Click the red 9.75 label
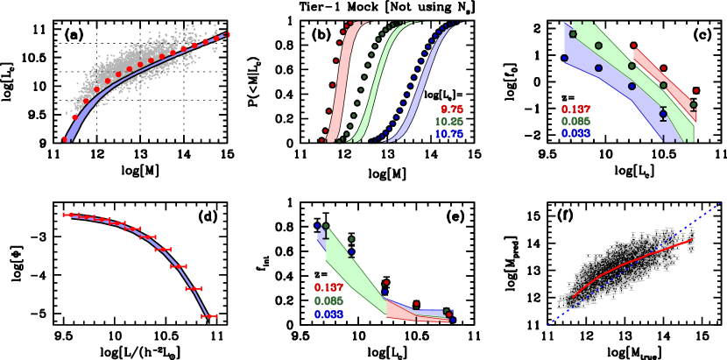(x=452, y=109)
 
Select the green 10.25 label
(x=449, y=122)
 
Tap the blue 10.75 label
(x=449, y=134)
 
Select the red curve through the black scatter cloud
(x=631, y=262)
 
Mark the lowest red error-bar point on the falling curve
(x=209, y=315)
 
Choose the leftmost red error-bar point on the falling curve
(x=67, y=214)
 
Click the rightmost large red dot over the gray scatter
(x=228, y=34)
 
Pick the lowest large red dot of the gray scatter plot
(x=65, y=139)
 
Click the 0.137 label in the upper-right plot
(x=575, y=109)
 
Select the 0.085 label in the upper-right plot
(x=575, y=121)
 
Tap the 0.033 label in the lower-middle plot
(x=328, y=314)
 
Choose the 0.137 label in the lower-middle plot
(x=328, y=287)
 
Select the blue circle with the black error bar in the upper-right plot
(x=663, y=114)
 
